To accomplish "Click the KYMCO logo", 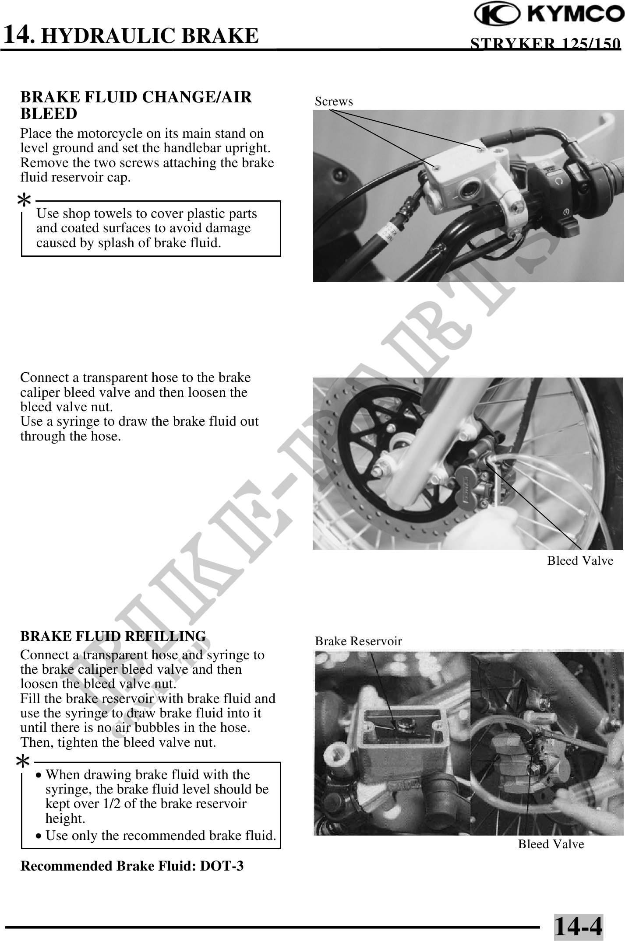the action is [x=550, y=14].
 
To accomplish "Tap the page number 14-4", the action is [x=578, y=926].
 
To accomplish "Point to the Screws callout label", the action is [x=334, y=101].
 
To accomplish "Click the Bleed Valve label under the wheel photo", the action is [x=580, y=561].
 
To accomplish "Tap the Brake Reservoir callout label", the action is [x=358, y=641].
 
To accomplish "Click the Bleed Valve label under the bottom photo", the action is [x=551, y=844].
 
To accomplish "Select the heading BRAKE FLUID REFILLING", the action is [x=113, y=636].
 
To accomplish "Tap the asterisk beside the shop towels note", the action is [x=24, y=201].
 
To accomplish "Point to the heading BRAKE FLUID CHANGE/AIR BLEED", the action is [x=136, y=105].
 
